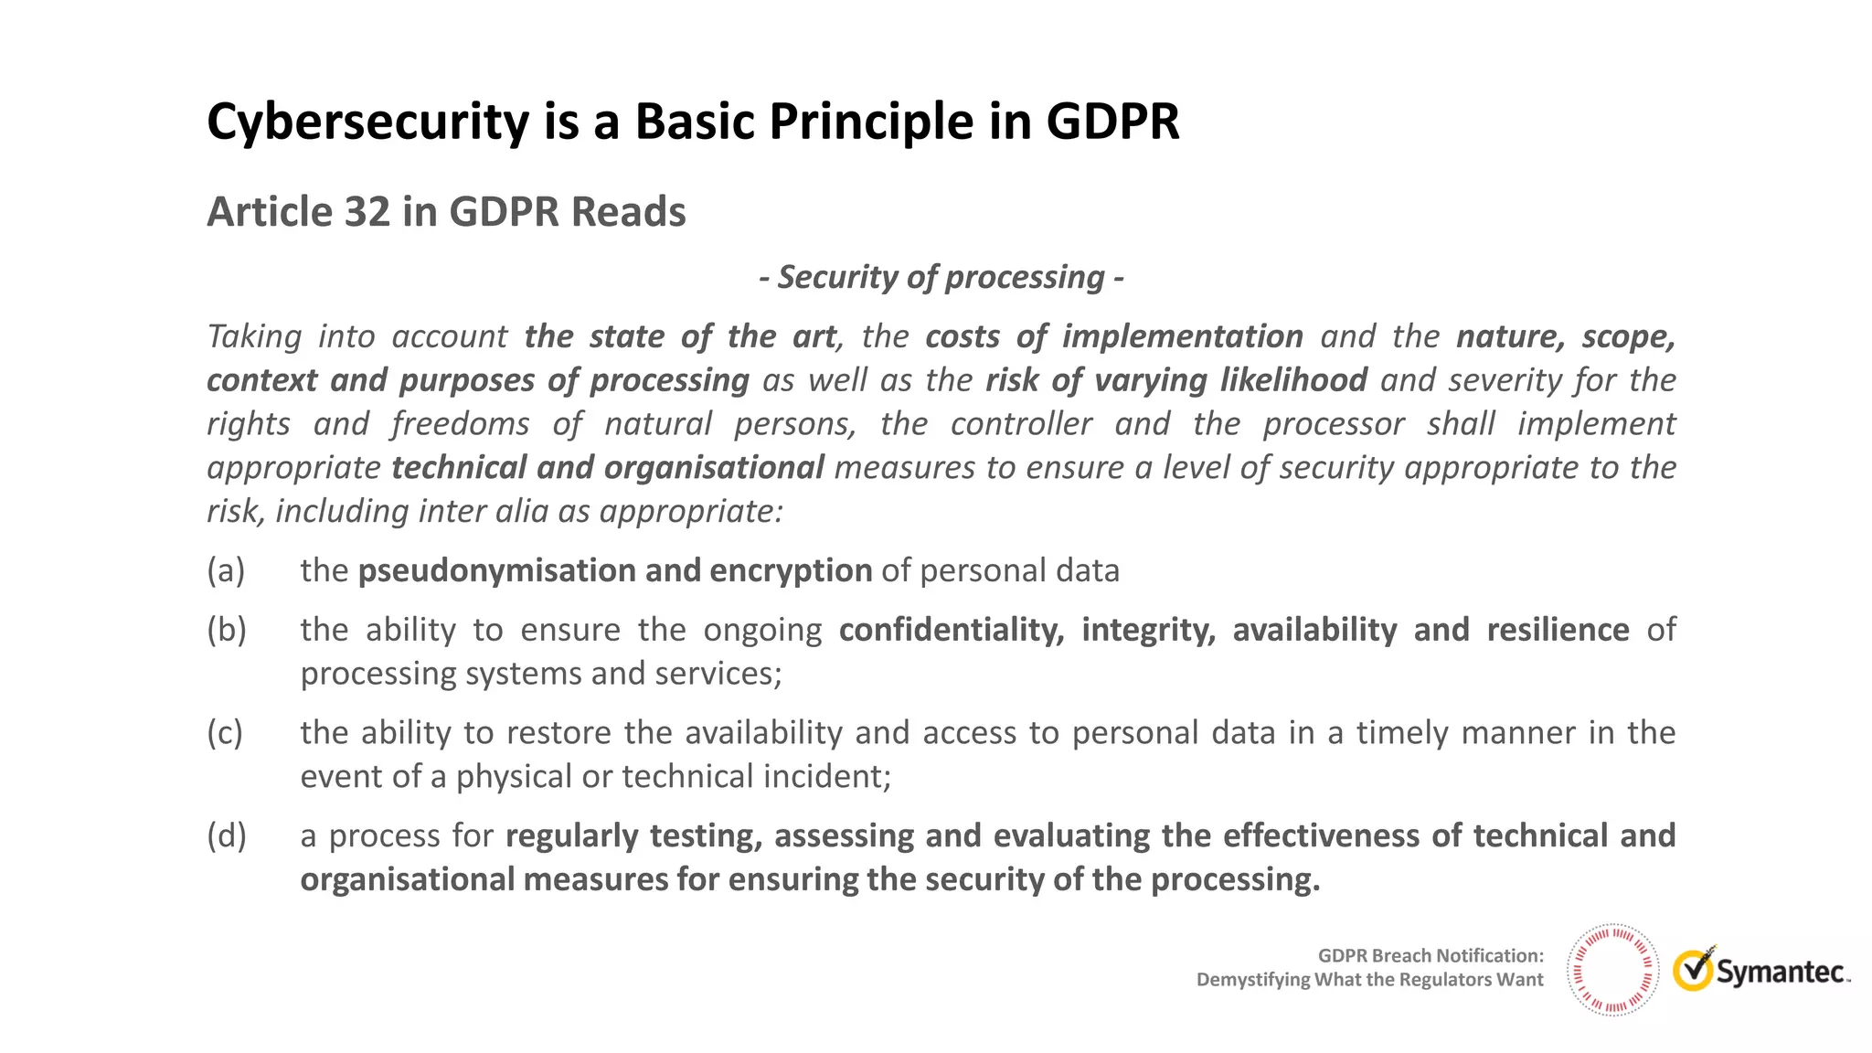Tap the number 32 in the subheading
click(367, 212)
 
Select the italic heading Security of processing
click(941, 277)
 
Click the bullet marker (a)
click(226, 570)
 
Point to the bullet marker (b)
click(227, 630)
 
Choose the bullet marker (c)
click(225, 733)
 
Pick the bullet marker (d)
click(227, 836)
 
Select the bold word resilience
click(1558, 630)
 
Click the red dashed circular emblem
click(1612, 970)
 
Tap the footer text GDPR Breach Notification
click(1430, 956)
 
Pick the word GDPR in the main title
click(1112, 122)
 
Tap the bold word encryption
click(791, 571)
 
